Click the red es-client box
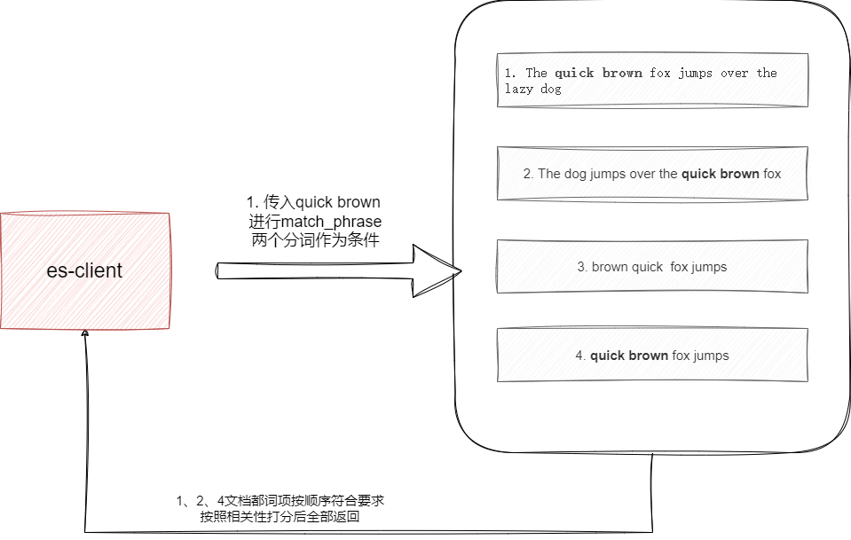click(x=85, y=270)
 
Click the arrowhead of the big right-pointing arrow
click(x=439, y=270)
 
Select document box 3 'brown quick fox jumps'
click(x=652, y=267)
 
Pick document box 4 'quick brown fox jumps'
click(x=652, y=356)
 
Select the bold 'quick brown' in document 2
click(x=720, y=174)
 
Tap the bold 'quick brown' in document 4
click(x=629, y=356)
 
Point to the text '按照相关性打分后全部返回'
click(x=280, y=517)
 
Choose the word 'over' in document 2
click(x=644, y=174)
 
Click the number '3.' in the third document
click(x=582, y=267)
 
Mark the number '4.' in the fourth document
click(x=580, y=356)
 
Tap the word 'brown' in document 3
click(x=610, y=267)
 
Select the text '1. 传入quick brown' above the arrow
click(x=312, y=202)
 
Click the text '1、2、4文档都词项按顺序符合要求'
click(x=280, y=501)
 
